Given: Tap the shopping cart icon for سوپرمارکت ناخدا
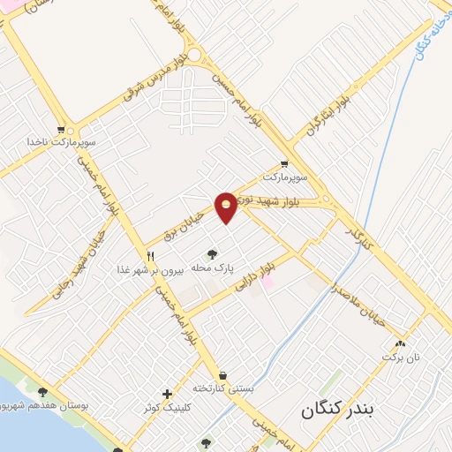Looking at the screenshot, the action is point(61,129).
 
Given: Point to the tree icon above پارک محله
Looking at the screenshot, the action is point(211,255).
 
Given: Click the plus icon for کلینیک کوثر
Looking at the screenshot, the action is point(167,394).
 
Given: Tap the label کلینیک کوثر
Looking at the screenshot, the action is point(165,408).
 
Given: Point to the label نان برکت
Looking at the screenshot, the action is point(396,357).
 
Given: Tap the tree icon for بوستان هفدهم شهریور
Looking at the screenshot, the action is point(43,392).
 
